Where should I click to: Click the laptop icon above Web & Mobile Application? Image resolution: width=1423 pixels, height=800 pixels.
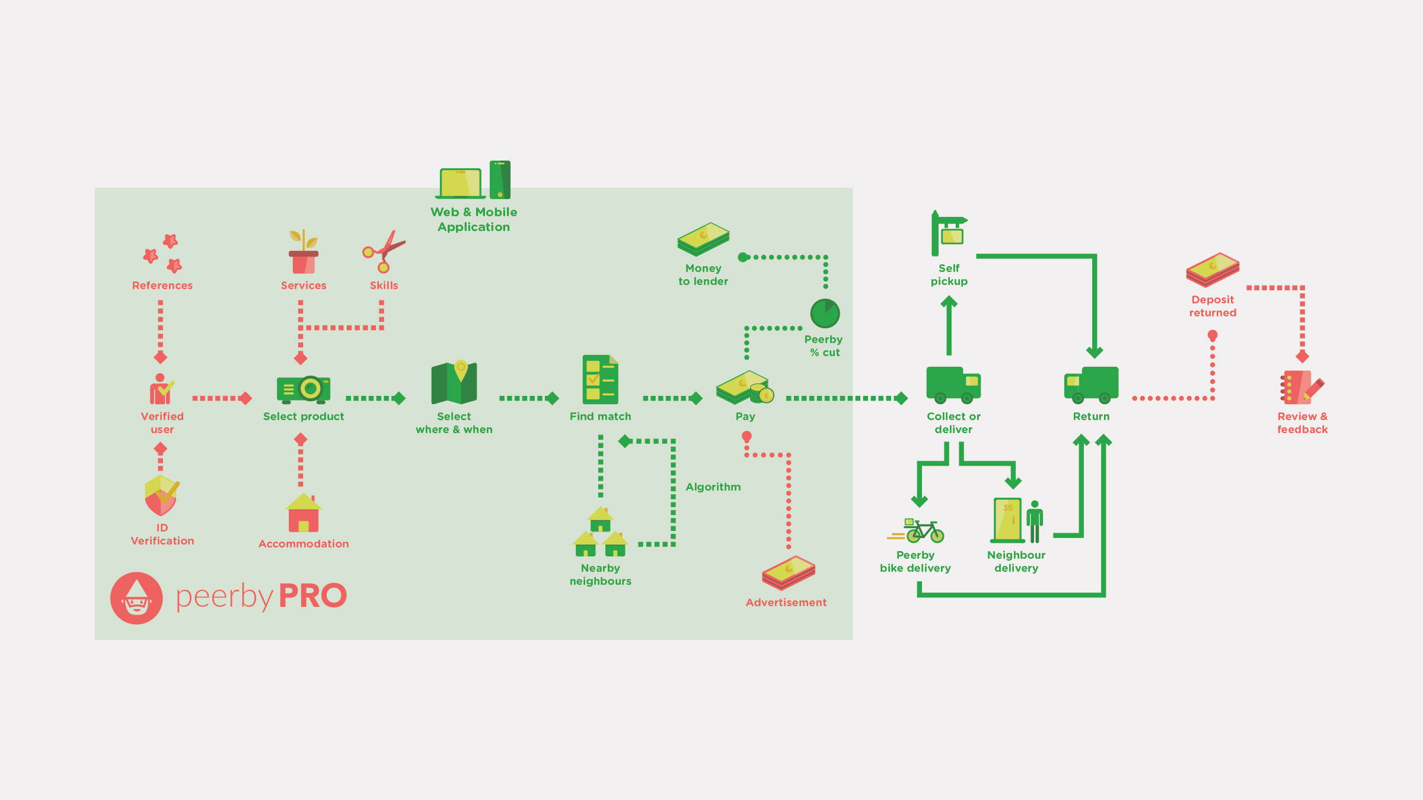click(x=460, y=183)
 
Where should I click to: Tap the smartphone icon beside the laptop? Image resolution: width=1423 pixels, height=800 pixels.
click(x=500, y=180)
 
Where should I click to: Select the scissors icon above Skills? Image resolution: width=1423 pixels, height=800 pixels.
click(x=384, y=252)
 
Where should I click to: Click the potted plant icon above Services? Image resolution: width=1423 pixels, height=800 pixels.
click(x=303, y=252)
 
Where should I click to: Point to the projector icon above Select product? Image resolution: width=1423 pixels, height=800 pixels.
click(x=304, y=389)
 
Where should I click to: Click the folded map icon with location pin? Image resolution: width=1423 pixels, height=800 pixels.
click(x=454, y=383)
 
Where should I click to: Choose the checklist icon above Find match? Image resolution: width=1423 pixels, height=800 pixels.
click(x=600, y=379)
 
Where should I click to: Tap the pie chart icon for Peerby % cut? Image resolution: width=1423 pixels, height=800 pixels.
click(x=825, y=313)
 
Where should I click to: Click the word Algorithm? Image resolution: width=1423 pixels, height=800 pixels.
click(x=713, y=487)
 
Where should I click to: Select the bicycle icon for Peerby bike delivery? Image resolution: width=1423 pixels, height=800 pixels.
click(x=924, y=531)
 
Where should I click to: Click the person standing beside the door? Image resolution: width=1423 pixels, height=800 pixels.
click(x=1035, y=521)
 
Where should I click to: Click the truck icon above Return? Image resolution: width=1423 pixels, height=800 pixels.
click(x=1092, y=384)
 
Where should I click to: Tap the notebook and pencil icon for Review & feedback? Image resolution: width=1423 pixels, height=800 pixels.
click(x=1301, y=388)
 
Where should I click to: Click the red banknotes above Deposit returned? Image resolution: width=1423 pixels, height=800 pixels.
click(x=1213, y=270)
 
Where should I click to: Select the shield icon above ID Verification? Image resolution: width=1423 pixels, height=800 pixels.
click(x=161, y=495)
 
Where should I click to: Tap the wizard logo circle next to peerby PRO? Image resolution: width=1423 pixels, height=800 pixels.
click(x=136, y=598)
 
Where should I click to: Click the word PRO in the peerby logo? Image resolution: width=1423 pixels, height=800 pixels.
click(x=312, y=596)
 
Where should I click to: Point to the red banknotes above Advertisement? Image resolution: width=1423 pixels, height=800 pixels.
click(x=789, y=572)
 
